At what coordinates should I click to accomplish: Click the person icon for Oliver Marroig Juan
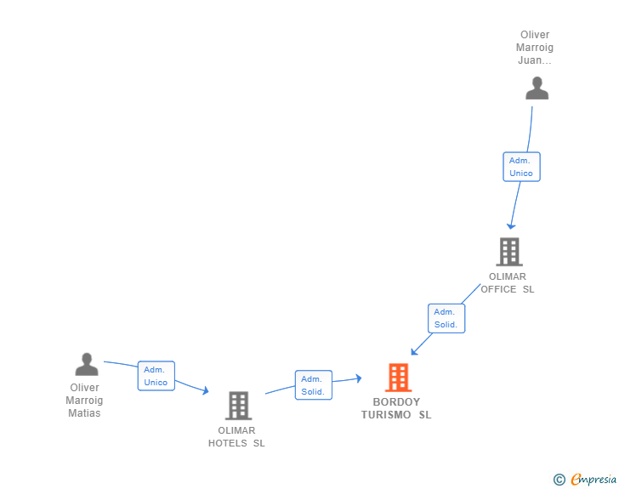click(537, 88)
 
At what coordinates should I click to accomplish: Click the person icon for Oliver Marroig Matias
click(87, 365)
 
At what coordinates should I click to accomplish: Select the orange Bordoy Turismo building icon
click(398, 378)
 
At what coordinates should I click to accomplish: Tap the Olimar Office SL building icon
click(508, 252)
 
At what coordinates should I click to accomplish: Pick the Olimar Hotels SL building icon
click(239, 406)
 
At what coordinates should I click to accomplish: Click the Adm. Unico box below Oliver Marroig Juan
click(521, 167)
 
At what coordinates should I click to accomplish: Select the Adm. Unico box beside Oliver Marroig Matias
click(156, 376)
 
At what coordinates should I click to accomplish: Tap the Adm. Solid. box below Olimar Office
click(446, 318)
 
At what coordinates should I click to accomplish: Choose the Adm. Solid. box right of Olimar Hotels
click(313, 385)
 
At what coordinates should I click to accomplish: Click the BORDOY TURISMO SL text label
click(396, 408)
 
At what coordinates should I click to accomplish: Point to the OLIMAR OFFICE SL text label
click(508, 282)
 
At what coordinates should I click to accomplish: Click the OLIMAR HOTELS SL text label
click(236, 436)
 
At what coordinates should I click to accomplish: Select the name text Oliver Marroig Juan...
click(535, 48)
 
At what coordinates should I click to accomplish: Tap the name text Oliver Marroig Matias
click(84, 401)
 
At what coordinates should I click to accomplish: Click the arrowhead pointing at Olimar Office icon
click(510, 225)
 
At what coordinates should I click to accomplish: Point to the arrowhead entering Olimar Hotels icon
click(204, 390)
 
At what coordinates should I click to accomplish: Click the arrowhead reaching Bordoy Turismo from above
click(414, 351)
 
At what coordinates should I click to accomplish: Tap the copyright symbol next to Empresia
click(559, 480)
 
